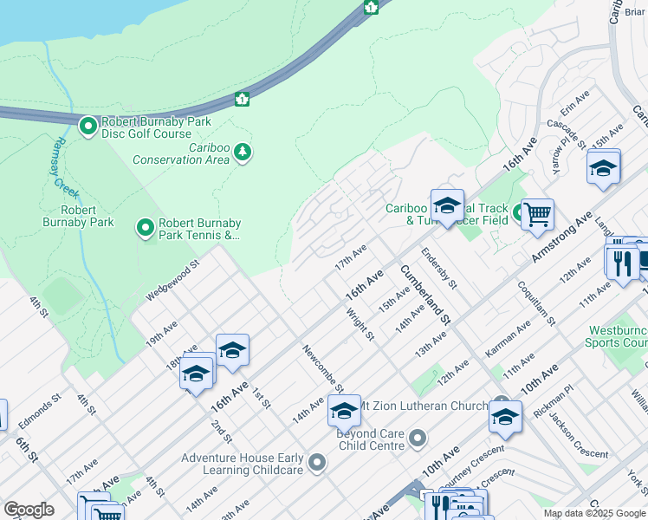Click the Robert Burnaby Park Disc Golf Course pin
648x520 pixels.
[x=87, y=127]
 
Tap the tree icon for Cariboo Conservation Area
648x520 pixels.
[x=243, y=153]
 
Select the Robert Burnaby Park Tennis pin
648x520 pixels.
[x=146, y=228]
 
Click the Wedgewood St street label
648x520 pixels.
[x=172, y=280]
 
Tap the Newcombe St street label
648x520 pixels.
[x=323, y=368]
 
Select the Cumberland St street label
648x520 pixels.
[x=424, y=295]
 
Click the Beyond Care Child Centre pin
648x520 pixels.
[x=418, y=439]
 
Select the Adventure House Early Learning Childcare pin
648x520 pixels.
[x=316, y=464]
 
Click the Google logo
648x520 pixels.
[x=29, y=510]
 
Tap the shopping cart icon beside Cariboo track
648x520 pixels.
[x=537, y=213]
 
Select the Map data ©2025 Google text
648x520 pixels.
[x=593, y=513]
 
